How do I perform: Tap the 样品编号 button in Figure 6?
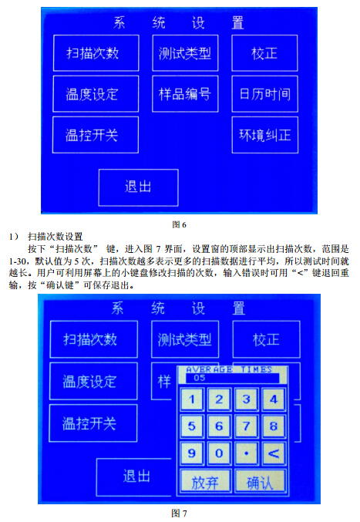point(185,94)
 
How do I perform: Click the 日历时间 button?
point(265,94)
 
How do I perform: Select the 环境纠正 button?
point(265,135)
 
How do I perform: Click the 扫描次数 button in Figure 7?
point(94,339)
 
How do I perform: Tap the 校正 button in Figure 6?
point(264,53)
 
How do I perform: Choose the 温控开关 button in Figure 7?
point(93,423)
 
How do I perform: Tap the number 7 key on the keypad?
point(246,426)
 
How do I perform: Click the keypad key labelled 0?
point(219,453)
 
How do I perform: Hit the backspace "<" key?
point(274,453)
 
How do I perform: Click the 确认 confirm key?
point(261,481)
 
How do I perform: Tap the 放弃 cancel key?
point(205,481)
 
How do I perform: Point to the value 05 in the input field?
point(200,378)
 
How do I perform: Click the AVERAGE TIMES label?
point(229,369)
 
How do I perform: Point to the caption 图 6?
point(179,224)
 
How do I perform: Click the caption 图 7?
point(179,514)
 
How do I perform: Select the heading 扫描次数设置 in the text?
point(56,237)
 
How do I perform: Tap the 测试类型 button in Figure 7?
point(185,339)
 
